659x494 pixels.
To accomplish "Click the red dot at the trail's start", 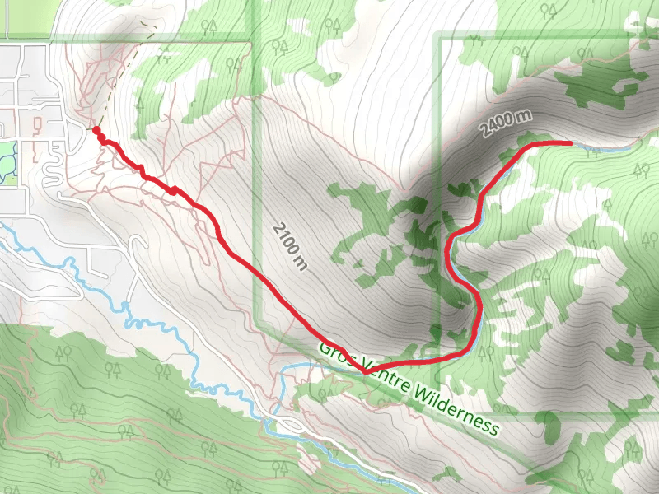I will (x=96, y=131).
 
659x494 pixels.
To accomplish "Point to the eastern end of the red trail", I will (x=571, y=142).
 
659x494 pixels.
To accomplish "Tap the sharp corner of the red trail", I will (x=363, y=372).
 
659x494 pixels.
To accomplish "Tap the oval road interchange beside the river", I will (x=289, y=422).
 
